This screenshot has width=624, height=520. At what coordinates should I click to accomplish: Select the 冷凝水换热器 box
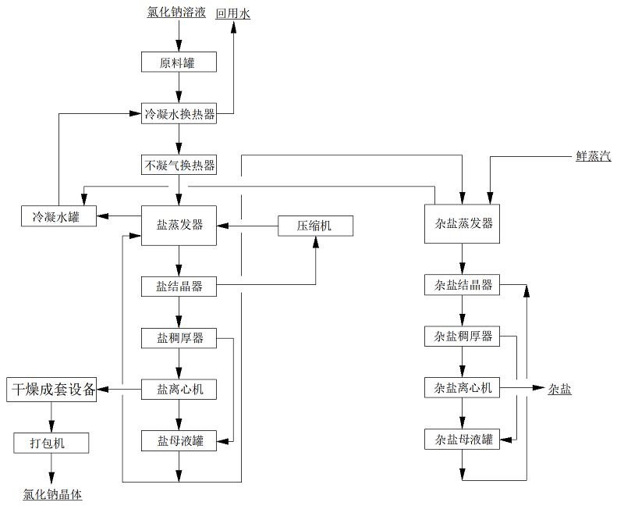(179, 113)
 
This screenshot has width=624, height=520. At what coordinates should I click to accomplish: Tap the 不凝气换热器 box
(179, 165)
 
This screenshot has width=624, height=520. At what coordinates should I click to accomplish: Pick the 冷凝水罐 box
(59, 216)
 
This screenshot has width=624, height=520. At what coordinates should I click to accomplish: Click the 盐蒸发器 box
(179, 225)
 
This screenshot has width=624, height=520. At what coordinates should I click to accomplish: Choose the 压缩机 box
(315, 226)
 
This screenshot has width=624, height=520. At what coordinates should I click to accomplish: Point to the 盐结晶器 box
(179, 287)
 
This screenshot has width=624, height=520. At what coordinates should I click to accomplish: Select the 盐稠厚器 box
(179, 337)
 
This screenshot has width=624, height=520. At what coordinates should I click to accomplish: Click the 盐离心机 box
(179, 388)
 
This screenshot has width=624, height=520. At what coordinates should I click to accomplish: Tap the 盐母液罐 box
(179, 440)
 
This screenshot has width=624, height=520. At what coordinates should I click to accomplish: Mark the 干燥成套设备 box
(52, 388)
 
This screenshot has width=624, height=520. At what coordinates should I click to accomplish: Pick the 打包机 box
(51, 443)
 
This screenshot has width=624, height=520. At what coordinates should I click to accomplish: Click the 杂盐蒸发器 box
(463, 223)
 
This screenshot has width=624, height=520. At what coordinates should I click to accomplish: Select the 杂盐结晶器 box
(463, 285)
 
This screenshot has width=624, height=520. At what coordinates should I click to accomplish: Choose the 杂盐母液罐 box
(463, 440)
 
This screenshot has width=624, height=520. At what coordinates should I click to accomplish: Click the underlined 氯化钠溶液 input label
(176, 12)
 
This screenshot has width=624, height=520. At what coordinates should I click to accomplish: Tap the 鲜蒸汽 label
(593, 156)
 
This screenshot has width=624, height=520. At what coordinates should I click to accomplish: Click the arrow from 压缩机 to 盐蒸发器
(248, 226)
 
